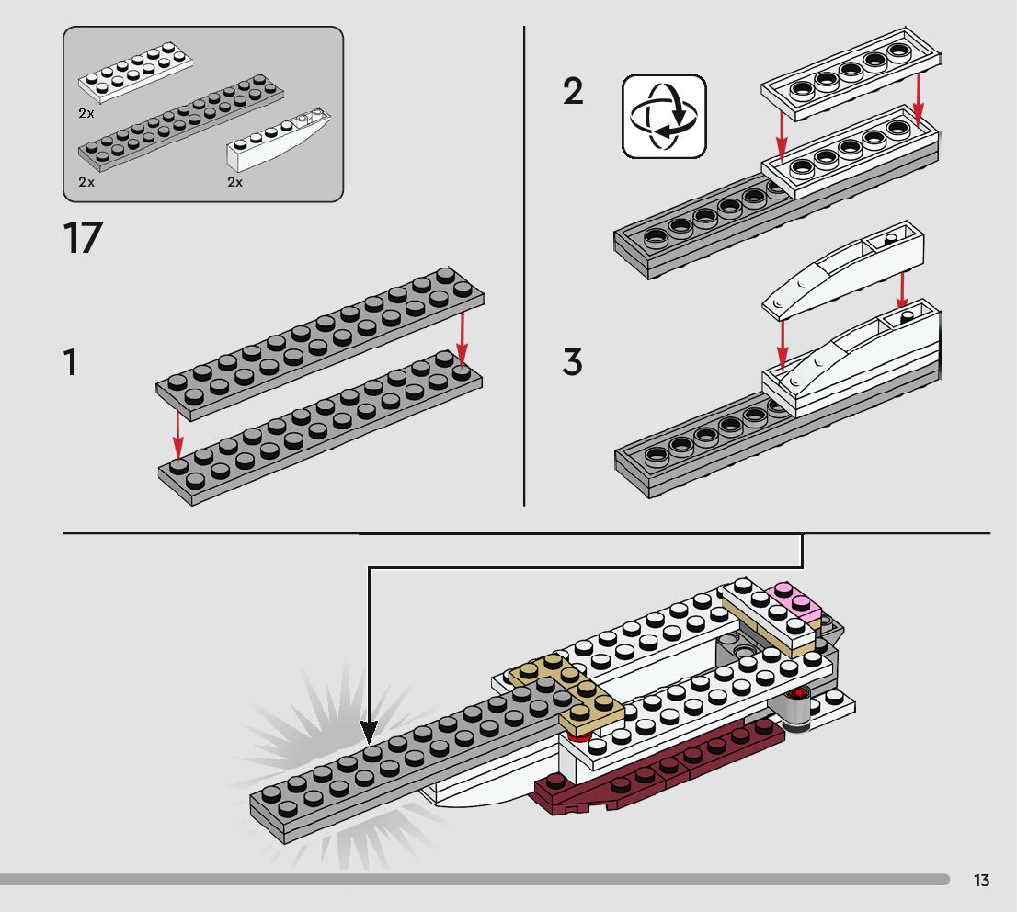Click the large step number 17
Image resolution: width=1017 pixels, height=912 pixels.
pos(83,237)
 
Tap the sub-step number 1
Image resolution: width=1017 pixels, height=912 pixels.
pos(70,363)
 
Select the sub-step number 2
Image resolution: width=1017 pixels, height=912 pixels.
pos(573,92)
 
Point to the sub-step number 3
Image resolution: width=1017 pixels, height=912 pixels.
pos(573,362)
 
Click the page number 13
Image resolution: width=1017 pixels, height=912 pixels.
pos(981,881)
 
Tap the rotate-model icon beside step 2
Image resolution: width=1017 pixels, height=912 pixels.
pos(664,116)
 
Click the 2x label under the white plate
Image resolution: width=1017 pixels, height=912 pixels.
pos(86,112)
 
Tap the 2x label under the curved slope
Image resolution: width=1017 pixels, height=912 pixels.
pos(235,182)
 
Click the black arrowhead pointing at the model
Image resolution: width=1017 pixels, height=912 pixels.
pos(369,733)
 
